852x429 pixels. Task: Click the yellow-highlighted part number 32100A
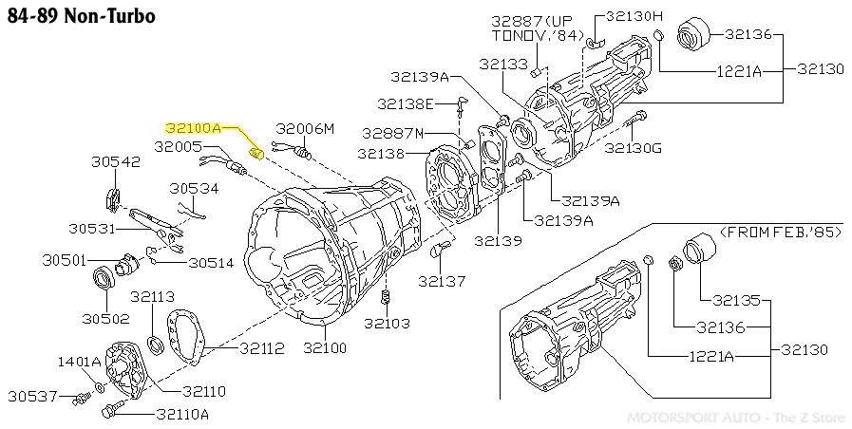pyautogui.click(x=193, y=126)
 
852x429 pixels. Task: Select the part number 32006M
pyautogui.click(x=306, y=128)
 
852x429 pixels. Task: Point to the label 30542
pyautogui.click(x=116, y=162)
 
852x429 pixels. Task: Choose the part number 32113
pyautogui.click(x=152, y=296)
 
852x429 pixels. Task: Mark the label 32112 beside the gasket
pyautogui.click(x=261, y=349)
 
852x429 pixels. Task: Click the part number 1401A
pyautogui.click(x=79, y=362)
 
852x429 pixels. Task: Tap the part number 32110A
pyautogui.click(x=182, y=414)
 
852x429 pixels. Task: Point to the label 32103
pyautogui.click(x=386, y=324)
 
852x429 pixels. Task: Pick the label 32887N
pyautogui.click(x=393, y=133)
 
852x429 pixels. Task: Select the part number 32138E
pyautogui.click(x=406, y=103)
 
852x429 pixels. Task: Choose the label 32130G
pyautogui.click(x=634, y=148)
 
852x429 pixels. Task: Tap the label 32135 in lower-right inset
pyautogui.click(x=737, y=301)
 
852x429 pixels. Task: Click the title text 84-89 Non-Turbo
pyautogui.click(x=67, y=17)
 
